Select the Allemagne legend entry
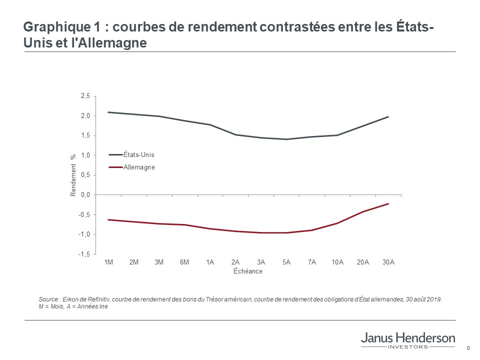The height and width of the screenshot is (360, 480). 139,167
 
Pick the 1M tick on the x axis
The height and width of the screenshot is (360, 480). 108,262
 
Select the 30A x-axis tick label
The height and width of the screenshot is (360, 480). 388,262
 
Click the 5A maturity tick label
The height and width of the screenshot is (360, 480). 286,262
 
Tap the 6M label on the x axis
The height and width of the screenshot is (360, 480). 184,262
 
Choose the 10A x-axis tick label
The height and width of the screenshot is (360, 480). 337,262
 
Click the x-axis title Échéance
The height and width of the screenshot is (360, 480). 247,271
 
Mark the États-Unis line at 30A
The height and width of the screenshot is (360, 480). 388,116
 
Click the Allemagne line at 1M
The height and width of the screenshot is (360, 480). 108,219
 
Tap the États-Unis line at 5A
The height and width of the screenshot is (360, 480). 286,139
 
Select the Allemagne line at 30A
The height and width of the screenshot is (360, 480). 388,203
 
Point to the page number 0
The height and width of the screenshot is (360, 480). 468,348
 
